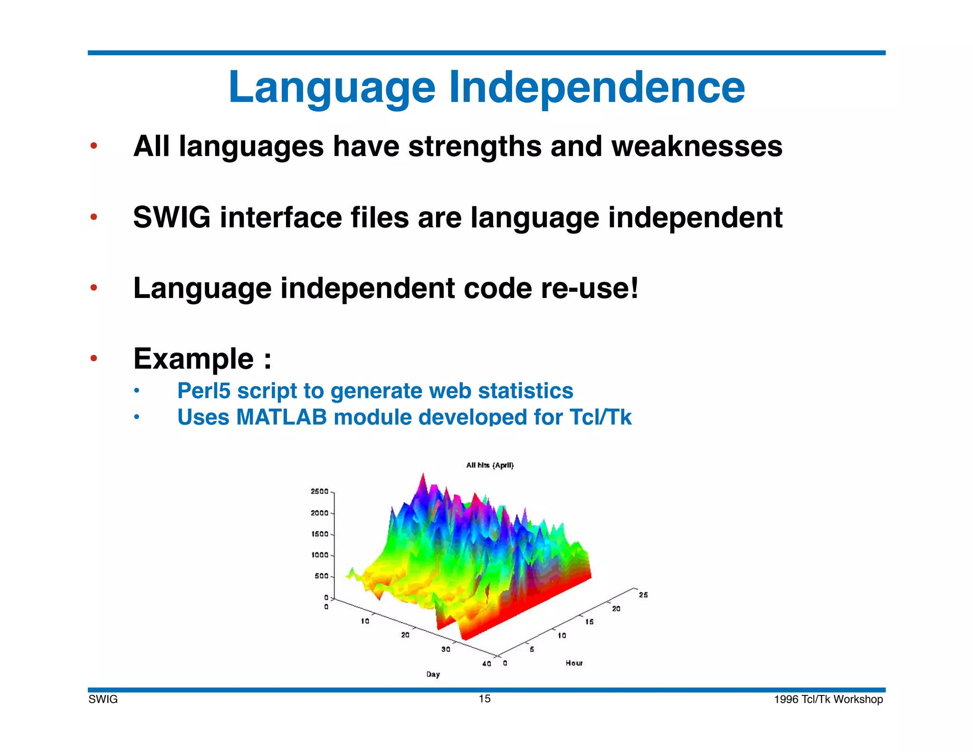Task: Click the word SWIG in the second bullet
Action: point(172,217)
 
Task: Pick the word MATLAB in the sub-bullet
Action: point(281,417)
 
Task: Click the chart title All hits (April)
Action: point(490,465)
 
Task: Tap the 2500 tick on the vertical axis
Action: point(319,492)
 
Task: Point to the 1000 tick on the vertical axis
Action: point(319,555)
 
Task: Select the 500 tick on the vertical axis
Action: point(321,576)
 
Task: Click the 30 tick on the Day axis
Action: point(446,649)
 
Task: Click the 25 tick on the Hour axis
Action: point(643,595)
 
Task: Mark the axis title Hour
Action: point(574,663)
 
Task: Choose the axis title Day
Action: point(433,674)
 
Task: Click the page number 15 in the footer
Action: point(484,698)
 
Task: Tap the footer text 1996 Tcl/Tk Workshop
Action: point(828,699)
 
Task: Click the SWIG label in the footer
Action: point(103,699)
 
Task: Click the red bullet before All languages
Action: point(94,145)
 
